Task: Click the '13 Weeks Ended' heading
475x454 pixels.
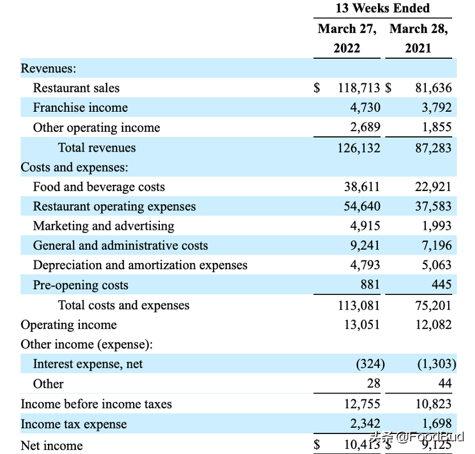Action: pos(383,8)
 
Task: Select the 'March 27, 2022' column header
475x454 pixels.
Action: pos(347,38)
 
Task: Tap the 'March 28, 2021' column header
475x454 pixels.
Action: pos(418,38)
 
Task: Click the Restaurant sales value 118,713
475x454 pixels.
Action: pos(359,88)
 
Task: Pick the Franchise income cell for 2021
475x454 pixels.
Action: pos(437,107)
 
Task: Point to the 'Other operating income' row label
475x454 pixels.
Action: pos(96,128)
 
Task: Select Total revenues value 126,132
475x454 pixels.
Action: pos(359,148)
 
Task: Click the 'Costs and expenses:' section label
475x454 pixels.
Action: pos(74,167)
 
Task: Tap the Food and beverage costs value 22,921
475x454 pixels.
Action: pos(433,187)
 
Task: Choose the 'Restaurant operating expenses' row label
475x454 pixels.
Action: pos(114,206)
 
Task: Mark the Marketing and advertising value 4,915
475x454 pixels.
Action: pos(365,226)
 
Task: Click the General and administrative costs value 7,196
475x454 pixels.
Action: pos(437,245)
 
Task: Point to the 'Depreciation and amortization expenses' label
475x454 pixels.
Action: pos(140,265)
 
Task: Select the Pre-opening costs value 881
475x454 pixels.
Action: pos(370,285)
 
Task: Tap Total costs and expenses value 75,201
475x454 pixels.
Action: pos(433,305)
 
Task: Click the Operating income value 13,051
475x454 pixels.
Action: pos(362,325)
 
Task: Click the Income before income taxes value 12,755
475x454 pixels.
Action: pos(362,404)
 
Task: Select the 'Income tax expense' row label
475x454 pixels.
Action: pos(74,424)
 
